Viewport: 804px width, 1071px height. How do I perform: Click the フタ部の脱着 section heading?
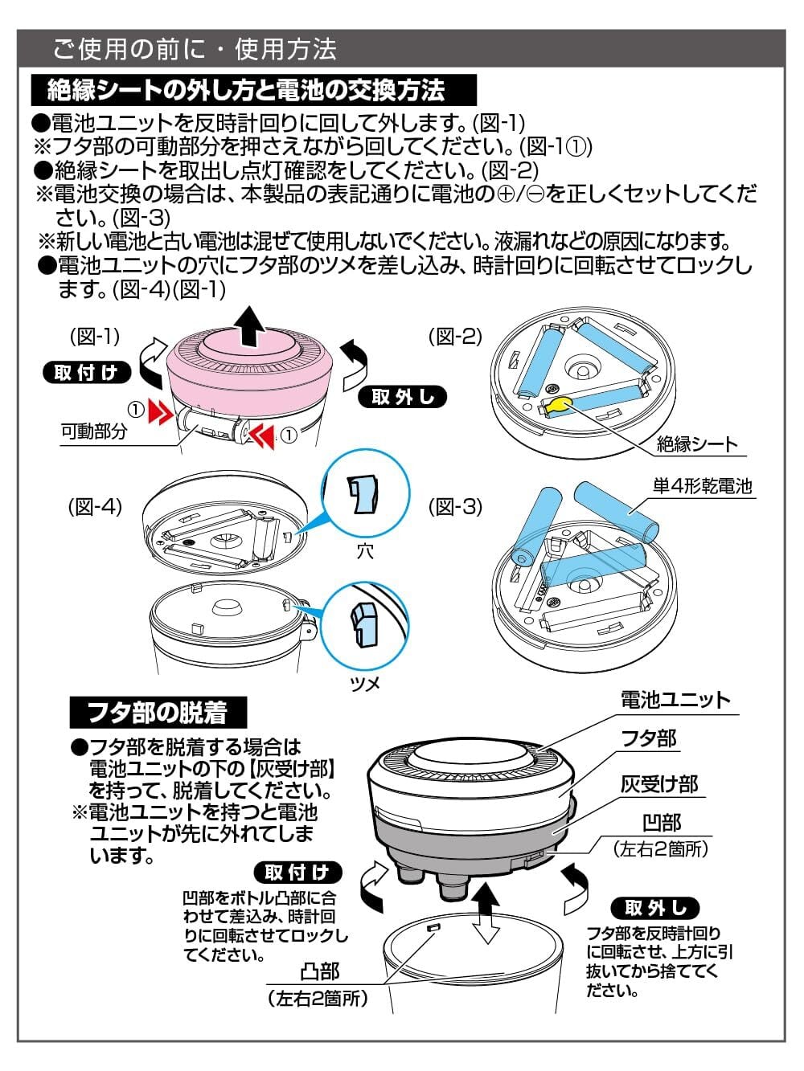[157, 712]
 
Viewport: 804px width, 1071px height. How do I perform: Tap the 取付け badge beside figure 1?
[86, 372]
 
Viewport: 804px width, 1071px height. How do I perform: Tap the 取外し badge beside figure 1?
[403, 397]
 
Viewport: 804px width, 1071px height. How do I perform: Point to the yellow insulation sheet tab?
[560, 404]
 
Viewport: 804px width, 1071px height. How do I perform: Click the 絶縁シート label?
[696, 444]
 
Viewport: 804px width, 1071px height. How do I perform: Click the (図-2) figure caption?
[456, 336]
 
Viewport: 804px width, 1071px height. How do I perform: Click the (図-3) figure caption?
[456, 506]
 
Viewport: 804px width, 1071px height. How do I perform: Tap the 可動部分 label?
[94, 431]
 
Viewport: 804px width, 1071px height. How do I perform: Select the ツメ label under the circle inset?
[364, 683]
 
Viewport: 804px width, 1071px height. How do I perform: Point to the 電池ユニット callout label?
[675, 700]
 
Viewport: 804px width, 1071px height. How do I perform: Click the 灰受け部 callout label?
[659, 783]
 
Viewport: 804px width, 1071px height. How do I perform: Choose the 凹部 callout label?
[661, 823]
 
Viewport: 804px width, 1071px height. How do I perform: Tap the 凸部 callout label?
[319, 972]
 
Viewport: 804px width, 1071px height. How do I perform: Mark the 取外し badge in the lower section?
[656, 908]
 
